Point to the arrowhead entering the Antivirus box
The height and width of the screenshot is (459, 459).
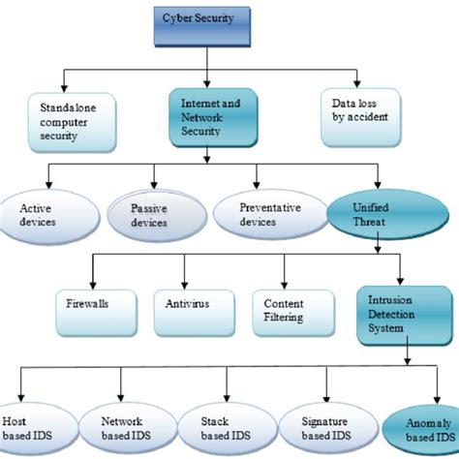point(191,280)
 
